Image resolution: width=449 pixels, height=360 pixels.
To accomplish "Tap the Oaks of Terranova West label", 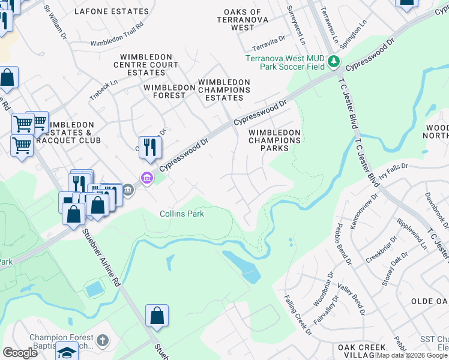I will click(x=243, y=19).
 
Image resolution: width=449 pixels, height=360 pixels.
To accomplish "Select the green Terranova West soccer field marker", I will click(x=334, y=62).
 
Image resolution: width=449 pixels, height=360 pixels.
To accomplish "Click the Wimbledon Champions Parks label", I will click(x=274, y=140).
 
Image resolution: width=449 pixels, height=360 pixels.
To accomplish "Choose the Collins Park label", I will click(x=182, y=214).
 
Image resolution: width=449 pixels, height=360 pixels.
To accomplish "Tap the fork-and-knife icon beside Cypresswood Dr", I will click(x=150, y=146).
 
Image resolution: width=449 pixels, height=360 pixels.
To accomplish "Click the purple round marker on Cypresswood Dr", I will click(x=146, y=178).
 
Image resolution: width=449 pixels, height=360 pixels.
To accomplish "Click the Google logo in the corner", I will click(x=20, y=352).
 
